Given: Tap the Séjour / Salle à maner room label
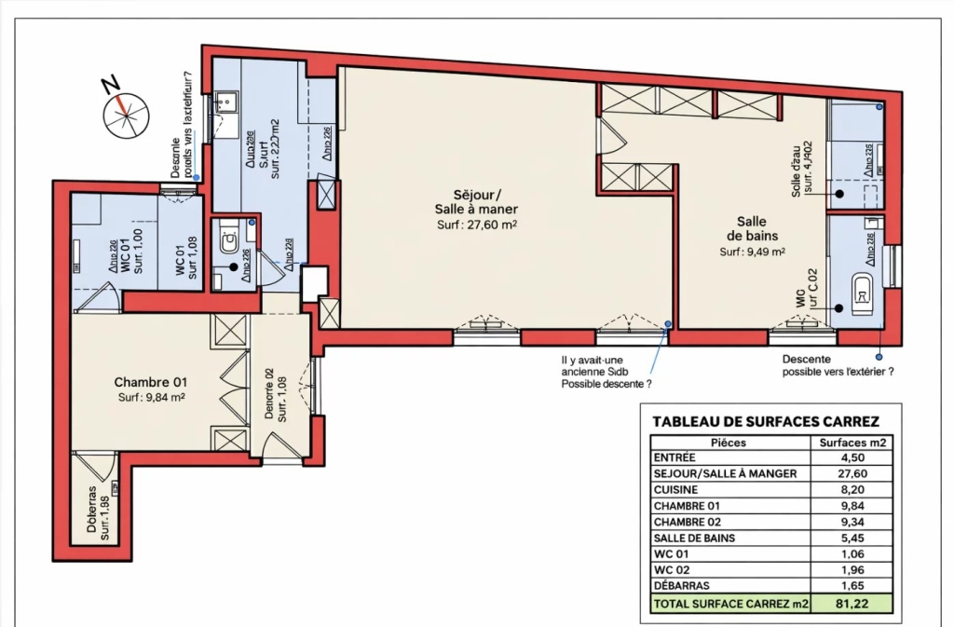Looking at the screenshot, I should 476,202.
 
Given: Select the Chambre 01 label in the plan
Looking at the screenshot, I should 151,382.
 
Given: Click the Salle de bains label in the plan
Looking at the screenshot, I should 751,228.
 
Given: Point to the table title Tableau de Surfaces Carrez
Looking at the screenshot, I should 765,421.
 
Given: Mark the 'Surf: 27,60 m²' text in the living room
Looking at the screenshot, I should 476,225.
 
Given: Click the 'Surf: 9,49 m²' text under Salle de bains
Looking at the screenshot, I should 751,252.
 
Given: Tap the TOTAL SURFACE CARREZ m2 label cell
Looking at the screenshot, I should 730,604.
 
